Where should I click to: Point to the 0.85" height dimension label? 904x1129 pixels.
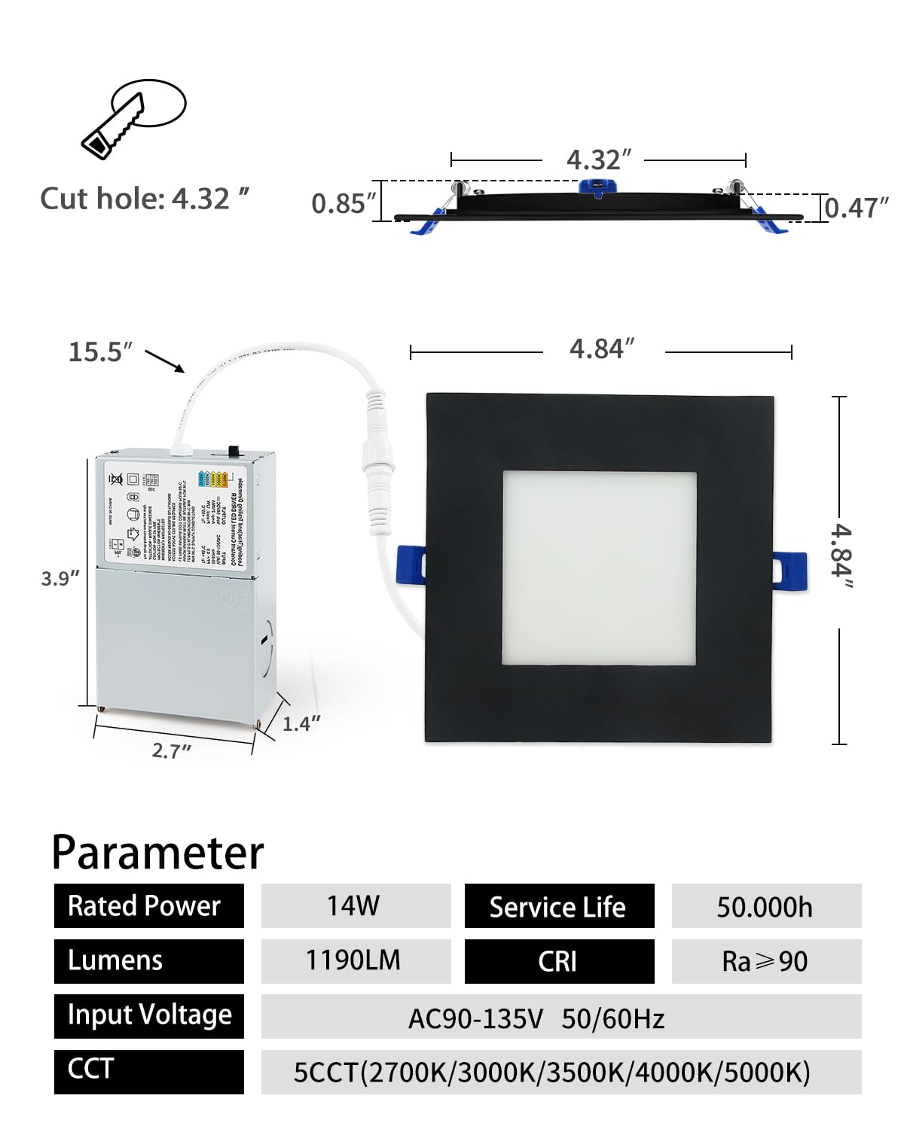coord(344,203)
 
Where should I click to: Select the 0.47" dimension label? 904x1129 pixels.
coord(857,208)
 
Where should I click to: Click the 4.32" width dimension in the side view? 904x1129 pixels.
coord(599,160)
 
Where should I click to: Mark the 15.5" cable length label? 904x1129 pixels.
coord(100,351)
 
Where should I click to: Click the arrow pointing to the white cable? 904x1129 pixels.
coord(165,361)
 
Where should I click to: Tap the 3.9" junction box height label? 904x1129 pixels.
coord(60,578)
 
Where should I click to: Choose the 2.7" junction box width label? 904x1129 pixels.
coord(172,750)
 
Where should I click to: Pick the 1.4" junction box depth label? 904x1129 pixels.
coord(301,724)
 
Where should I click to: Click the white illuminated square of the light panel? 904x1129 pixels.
coord(599,568)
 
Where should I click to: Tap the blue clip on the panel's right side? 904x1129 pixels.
coord(790,570)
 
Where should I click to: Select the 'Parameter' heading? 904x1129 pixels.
coord(157,853)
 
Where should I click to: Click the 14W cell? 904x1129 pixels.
coord(356,905)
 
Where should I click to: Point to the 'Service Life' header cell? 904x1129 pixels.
coord(559,906)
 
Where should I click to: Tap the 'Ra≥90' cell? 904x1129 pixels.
coord(766,961)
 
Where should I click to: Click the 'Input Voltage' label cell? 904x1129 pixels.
coord(149,1015)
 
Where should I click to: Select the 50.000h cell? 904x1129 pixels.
coord(766,906)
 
